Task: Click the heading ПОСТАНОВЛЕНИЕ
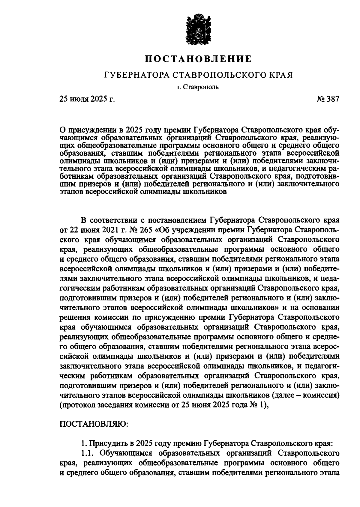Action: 198,59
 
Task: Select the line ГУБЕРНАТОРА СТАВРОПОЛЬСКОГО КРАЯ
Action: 198,75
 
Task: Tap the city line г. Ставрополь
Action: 198,88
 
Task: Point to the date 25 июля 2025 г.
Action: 87,99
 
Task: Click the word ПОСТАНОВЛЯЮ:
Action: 94,424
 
